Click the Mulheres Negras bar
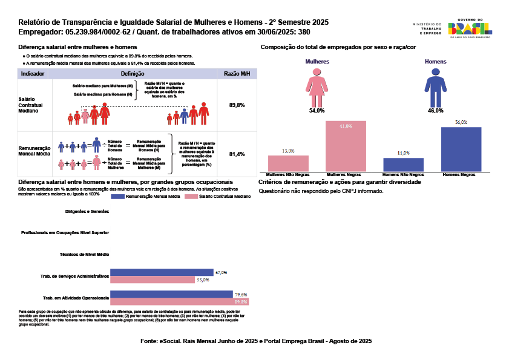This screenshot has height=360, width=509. coord(346,146)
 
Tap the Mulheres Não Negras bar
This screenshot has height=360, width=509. coord(288,163)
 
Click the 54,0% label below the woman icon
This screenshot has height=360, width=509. coord(317,111)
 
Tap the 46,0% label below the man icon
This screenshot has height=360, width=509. coord(435,111)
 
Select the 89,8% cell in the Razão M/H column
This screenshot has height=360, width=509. coord(237,105)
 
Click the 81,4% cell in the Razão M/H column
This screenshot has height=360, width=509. coord(237,154)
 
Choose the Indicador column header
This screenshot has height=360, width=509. coord(32,74)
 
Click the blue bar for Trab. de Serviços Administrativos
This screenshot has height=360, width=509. coord(162,272)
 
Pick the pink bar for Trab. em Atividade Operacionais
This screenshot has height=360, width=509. coord(179,301)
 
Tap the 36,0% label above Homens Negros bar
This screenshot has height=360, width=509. coord(461,122)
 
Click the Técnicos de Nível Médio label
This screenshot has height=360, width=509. coord(85,254)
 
